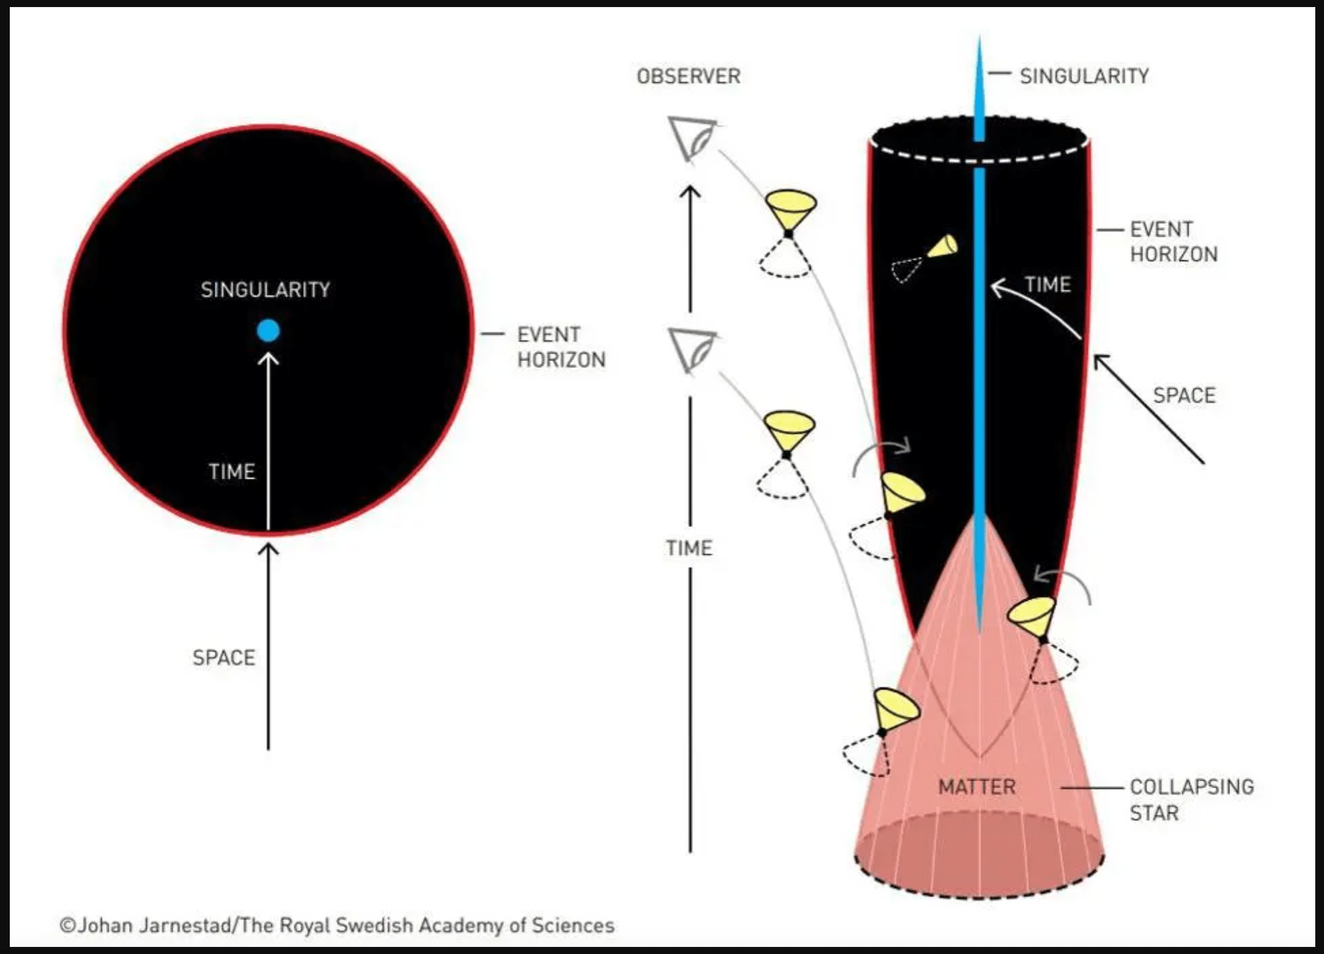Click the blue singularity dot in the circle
click(x=268, y=331)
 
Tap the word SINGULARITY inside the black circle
click(x=265, y=289)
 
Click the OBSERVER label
click(x=689, y=76)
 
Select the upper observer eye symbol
click(x=692, y=139)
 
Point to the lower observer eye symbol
click(x=692, y=350)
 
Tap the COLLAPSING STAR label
click(x=1192, y=800)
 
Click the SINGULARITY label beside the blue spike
click(x=1085, y=76)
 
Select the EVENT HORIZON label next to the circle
click(x=561, y=347)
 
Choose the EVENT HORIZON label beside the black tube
click(x=1174, y=241)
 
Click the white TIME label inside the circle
click(x=232, y=472)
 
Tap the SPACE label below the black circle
click(x=224, y=658)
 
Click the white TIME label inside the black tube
click(x=1048, y=285)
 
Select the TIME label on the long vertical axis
click(x=689, y=548)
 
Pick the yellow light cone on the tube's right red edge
click(x=1032, y=618)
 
